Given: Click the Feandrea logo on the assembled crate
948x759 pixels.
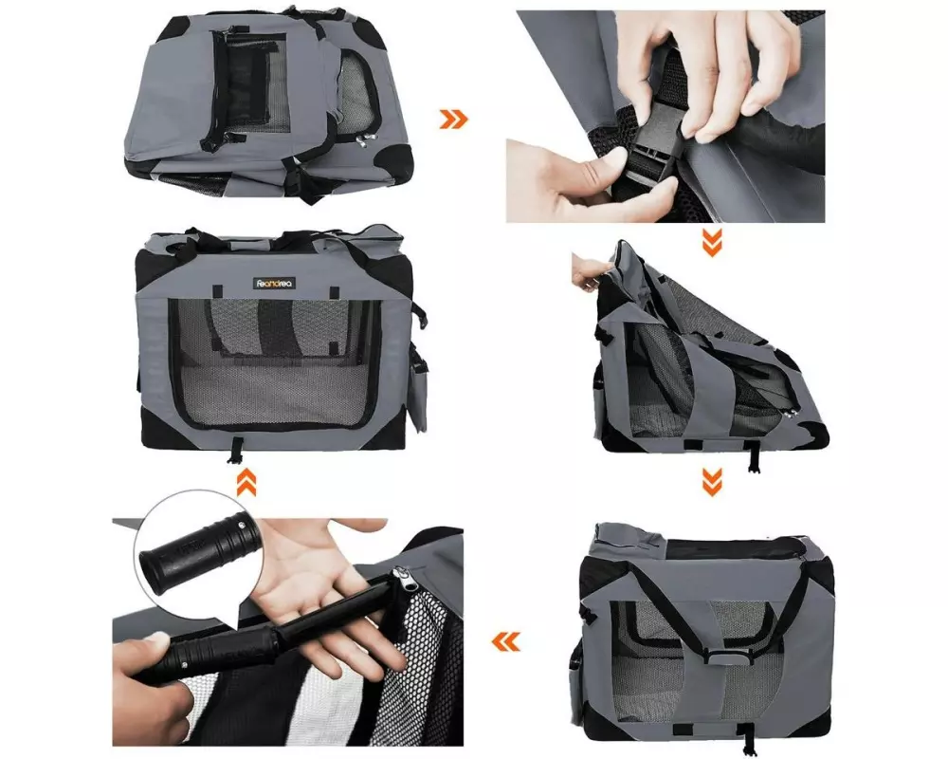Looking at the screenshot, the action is pos(275,283).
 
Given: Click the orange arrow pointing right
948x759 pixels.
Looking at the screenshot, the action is pos(453,120).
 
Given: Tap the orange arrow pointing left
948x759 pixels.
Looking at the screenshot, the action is pos(505,641).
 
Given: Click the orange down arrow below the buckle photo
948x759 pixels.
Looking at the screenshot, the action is pos(712,243).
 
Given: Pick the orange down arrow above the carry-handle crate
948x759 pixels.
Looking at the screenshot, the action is pos(712,482).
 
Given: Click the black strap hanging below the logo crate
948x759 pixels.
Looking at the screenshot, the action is pos(236,451).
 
